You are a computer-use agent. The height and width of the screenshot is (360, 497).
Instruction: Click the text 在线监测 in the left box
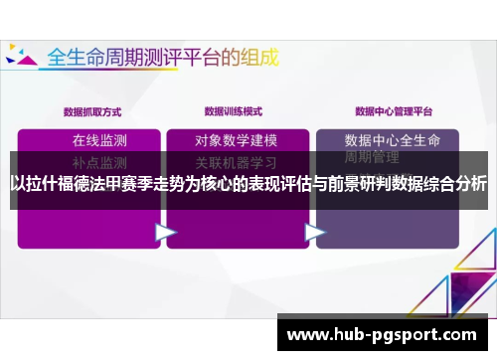[99, 139]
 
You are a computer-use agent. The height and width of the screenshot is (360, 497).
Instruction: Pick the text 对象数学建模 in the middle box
[236, 139]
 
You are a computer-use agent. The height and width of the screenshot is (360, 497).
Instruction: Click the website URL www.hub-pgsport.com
[382, 335]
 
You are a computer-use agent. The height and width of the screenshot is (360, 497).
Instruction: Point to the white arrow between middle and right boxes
[314, 231]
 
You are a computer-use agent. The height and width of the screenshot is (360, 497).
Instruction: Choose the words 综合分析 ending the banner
[452, 183]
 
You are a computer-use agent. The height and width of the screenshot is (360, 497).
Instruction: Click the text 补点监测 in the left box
[99, 161]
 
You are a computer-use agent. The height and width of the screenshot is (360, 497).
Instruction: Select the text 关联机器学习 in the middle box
[236, 161]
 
